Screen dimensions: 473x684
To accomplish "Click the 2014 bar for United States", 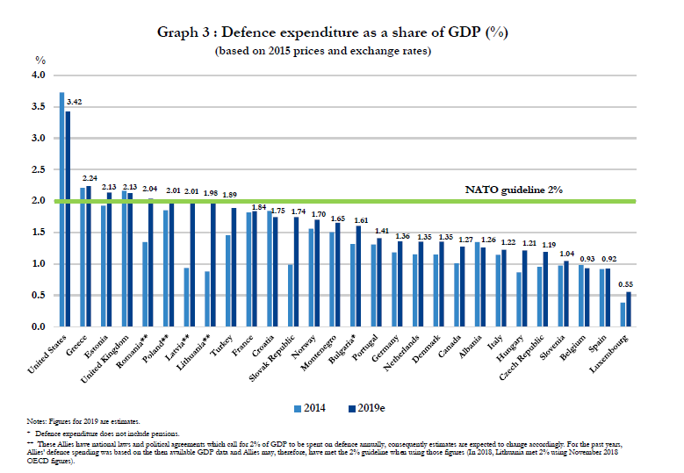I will (61, 210).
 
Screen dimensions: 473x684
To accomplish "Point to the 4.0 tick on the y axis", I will (39, 75).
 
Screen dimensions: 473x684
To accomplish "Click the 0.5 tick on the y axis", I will (39, 296).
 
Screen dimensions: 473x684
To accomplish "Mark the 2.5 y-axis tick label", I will (39, 170).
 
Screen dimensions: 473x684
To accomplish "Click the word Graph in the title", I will (178, 32).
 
